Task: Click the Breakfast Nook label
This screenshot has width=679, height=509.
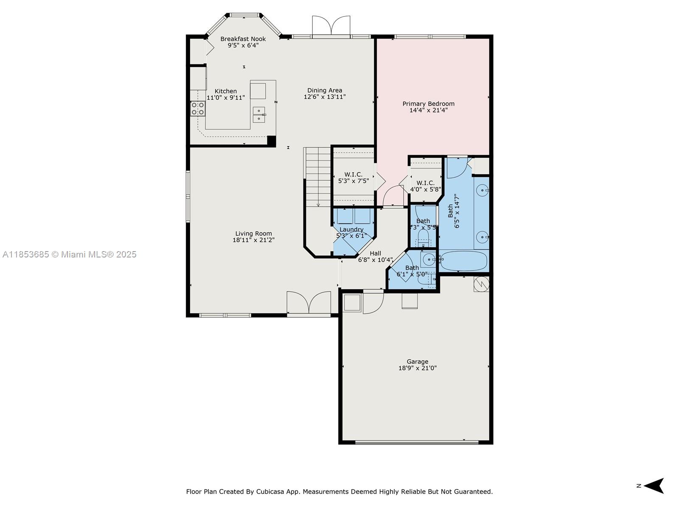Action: pyautogui.click(x=243, y=39)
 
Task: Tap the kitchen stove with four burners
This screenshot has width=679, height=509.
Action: pyautogui.click(x=198, y=109)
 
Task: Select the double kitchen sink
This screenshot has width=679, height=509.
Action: pyautogui.click(x=259, y=115)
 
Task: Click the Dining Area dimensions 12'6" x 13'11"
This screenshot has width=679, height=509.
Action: pyautogui.click(x=325, y=97)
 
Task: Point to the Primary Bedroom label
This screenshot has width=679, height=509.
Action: pyautogui.click(x=428, y=103)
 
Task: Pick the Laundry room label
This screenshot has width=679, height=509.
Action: pyautogui.click(x=351, y=229)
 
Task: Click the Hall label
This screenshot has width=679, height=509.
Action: pyautogui.click(x=375, y=253)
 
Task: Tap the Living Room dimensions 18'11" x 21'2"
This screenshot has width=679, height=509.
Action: pyautogui.click(x=253, y=240)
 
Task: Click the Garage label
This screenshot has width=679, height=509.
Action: pyautogui.click(x=417, y=362)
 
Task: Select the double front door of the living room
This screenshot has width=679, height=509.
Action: pyautogui.click(x=309, y=303)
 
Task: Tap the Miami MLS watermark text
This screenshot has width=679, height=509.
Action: pyautogui.click(x=69, y=255)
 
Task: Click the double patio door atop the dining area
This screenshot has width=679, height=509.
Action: pyautogui.click(x=331, y=26)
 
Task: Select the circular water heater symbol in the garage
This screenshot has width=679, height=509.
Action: pyautogui.click(x=481, y=284)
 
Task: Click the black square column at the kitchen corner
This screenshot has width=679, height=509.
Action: pyautogui.click(x=271, y=141)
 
